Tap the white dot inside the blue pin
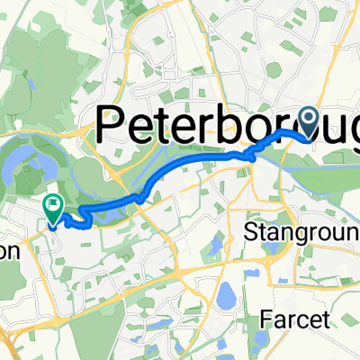coord(308,118)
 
